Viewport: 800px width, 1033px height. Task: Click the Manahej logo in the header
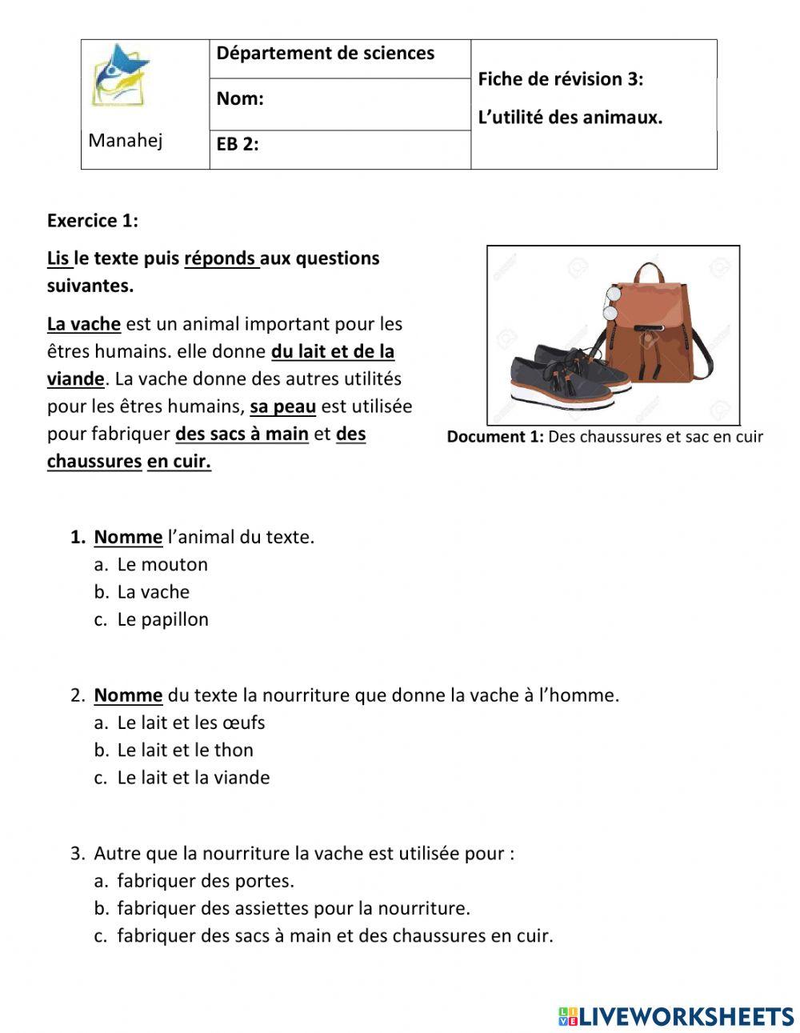click(x=120, y=77)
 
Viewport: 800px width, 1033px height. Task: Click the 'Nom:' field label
click(x=239, y=99)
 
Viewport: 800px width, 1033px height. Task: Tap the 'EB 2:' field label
click(x=237, y=145)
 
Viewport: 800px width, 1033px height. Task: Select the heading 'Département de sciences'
click(x=325, y=54)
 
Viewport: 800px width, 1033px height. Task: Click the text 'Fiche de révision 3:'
click(x=560, y=79)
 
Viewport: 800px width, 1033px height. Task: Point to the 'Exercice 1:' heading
click(x=92, y=221)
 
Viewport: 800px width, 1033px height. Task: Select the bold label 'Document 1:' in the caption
click(x=495, y=437)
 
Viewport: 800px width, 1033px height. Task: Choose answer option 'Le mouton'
click(x=162, y=565)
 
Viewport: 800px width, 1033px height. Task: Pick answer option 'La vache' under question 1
click(x=153, y=592)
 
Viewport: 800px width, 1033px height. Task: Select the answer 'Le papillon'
click(x=162, y=619)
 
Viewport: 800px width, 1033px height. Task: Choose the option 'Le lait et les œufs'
click(x=190, y=723)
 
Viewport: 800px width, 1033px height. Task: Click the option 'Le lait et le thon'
click(x=185, y=751)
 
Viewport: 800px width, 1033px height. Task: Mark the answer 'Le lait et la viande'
click(x=193, y=778)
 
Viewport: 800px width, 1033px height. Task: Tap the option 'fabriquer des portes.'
click(x=206, y=881)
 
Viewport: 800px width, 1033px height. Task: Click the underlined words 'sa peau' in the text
click(x=282, y=406)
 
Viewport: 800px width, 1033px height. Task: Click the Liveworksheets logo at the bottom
click(x=676, y=1016)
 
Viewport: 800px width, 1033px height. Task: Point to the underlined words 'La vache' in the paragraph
click(x=83, y=325)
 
